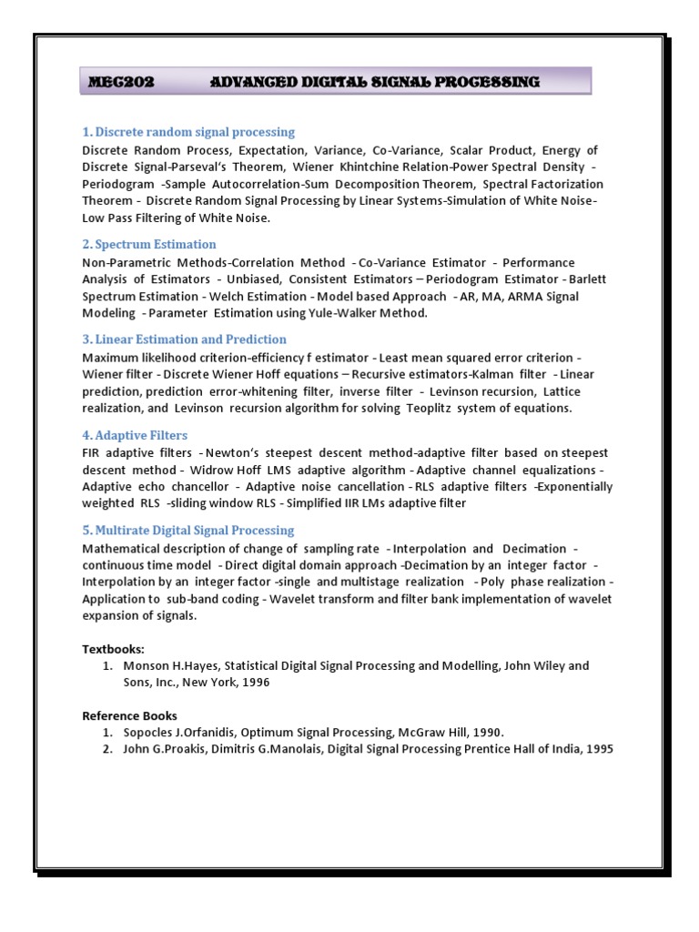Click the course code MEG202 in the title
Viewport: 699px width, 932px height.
pyautogui.click(x=121, y=82)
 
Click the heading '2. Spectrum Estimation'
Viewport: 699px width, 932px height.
pyautogui.click(x=149, y=244)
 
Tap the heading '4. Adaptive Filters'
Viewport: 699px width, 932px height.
pyautogui.click(x=135, y=435)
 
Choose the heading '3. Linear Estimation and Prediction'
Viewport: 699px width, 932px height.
pyautogui.click(x=184, y=339)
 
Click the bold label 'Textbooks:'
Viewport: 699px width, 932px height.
pyautogui.click(x=112, y=648)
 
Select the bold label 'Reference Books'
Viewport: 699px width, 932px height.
pyautogui.click(x=129, y=715)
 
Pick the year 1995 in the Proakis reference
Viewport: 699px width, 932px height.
pyautogui.click(x=596, y=749)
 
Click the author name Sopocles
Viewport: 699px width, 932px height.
pyautogui.click(x=151, y=732)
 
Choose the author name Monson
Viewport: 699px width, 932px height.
pyautogui.click(x=147, y=665)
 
